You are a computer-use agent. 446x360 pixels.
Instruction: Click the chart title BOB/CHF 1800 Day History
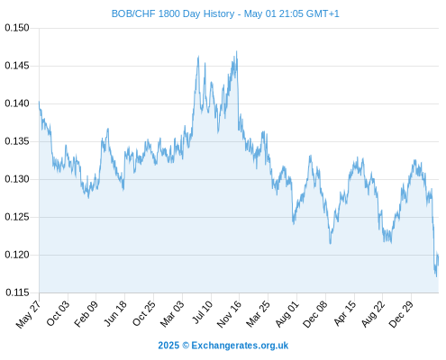pyautogui.click(x=173, y=13)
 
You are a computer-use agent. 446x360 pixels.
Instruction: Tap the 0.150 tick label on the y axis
pyautogui.click(x=17, y=28)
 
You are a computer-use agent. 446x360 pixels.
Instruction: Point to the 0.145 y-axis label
pyautogui.click(x=17, y=66)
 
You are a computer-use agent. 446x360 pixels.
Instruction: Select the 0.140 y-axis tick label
pyautogui.click(x=17, y=103)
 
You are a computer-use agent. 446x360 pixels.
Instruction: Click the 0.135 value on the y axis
pyautogui.click(x=17, y=141)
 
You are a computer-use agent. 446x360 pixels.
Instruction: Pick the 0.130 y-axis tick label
pyautogui.click(x=17, y=179)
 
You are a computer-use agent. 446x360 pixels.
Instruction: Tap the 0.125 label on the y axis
pyautogui.click(x=17, y=217)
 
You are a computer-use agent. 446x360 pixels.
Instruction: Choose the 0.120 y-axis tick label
pyautogui.click(x=17, y=255)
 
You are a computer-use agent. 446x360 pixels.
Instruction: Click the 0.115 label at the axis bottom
pyautogui.click(x=17, y=292)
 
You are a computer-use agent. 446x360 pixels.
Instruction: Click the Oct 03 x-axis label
pyautogui.click(x=58, y=313)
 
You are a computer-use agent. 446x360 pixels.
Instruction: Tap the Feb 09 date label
pyautogui.click(x=86, y=313)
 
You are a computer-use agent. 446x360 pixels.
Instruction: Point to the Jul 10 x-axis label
pyautogui.click(x=203, y=312)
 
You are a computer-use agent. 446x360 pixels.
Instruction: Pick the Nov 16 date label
pyautogui.click(x=229, y=314)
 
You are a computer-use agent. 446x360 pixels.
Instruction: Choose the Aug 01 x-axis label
pyautogui.click(x=287, y=314)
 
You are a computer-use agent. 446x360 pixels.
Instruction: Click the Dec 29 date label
pyautogui.click(x=401, y=314)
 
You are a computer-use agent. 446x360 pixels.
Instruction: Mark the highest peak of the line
pyautogui.click(x=237, y=51)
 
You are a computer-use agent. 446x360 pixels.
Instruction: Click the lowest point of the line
pyautogui.click(x=436, y=276)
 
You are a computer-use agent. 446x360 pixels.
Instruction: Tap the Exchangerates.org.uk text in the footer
pyautogui.click(x=240, y=346)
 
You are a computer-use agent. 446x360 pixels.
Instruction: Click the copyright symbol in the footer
pyautogui.click(x=186, y=346)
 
